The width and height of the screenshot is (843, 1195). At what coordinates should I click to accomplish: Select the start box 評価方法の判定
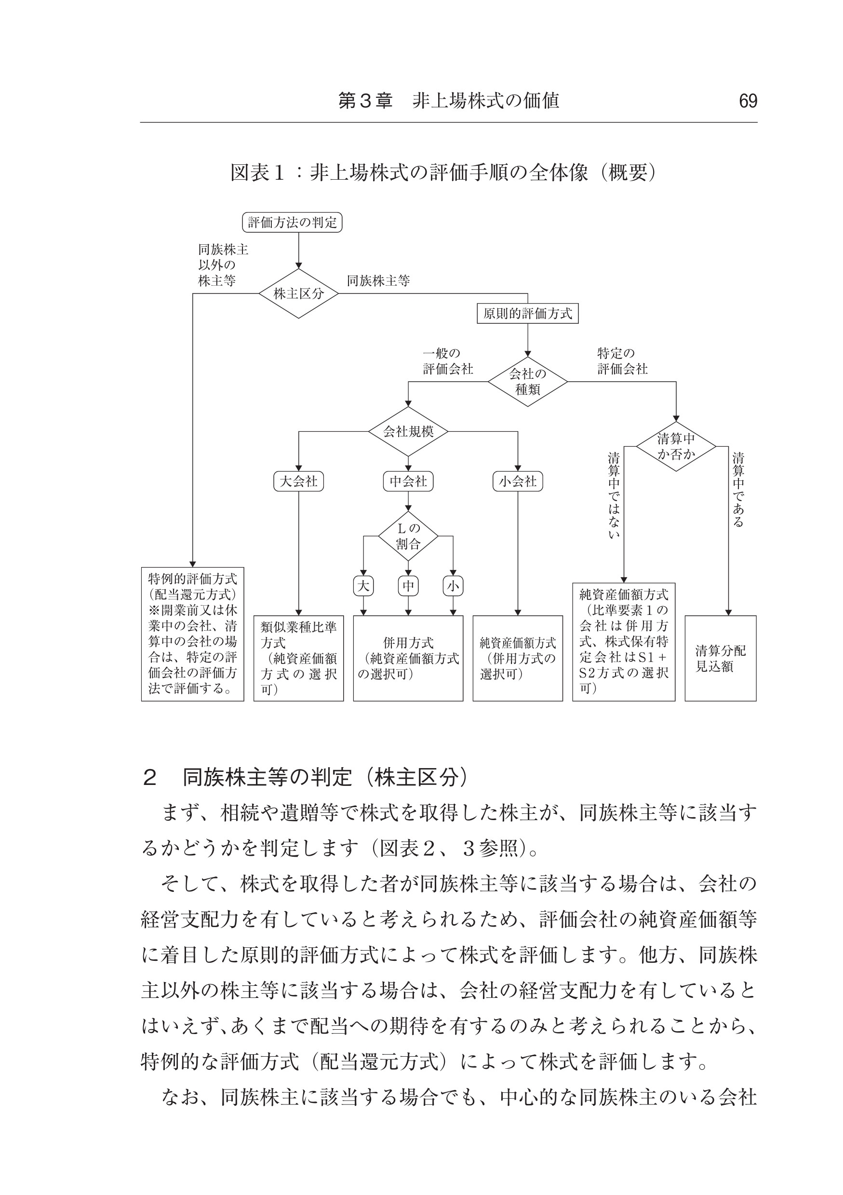(x=292, y=223)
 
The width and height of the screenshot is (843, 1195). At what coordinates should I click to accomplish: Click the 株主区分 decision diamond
(x=298, y=293)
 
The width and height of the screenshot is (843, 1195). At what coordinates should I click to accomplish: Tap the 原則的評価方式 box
(x=527, y=313)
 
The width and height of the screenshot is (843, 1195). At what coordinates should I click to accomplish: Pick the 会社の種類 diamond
(x=527, y=382)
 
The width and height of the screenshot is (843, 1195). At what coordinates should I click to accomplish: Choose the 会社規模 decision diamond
(x=408, y=431)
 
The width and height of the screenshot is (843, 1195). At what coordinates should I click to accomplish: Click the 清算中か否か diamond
(x=676, y=447)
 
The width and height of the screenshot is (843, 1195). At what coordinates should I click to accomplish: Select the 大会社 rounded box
(x=298, y=481)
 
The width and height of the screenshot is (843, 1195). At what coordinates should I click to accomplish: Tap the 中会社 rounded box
(x=408, y=481)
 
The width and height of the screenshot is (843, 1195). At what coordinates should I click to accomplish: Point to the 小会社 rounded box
(x=518, y=481)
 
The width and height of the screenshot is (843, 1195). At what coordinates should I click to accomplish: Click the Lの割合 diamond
(x=408, y=536)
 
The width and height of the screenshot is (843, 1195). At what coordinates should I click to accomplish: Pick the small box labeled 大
(x=363, y=586)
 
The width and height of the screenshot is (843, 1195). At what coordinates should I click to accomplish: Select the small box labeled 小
(x=453, y=586)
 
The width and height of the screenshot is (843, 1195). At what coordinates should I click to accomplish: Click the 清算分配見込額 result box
(x=720, y=658)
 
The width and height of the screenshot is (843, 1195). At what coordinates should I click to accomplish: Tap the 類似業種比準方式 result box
(x=298, y=658)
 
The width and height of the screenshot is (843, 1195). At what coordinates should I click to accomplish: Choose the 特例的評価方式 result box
(x=192, y=634)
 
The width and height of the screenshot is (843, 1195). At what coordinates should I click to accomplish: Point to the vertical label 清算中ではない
(x=614, y=495)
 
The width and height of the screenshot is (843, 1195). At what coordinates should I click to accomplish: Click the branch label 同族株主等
(x=378, y=281)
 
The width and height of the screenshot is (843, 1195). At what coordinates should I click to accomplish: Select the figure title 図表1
(x=258, y=173)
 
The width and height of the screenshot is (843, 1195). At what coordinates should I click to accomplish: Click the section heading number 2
(x=149, y=778)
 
